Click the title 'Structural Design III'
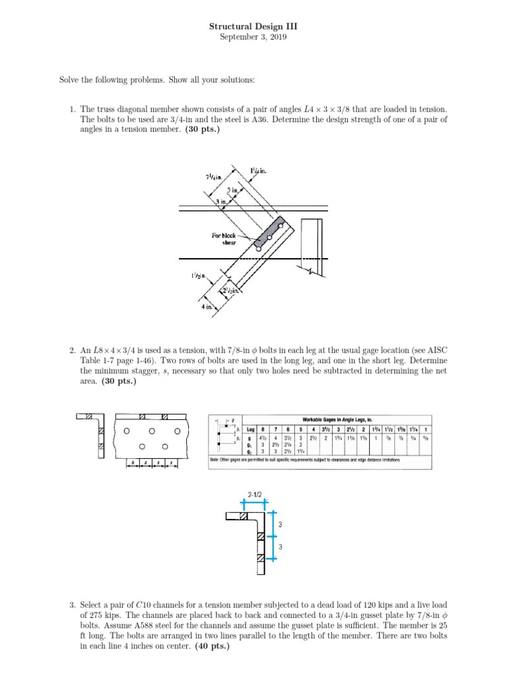[x=253, y=26]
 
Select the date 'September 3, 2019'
[x=253, y=38]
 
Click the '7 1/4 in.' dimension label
[x=215, y=178]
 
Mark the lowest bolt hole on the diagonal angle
[x=250, y=250]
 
